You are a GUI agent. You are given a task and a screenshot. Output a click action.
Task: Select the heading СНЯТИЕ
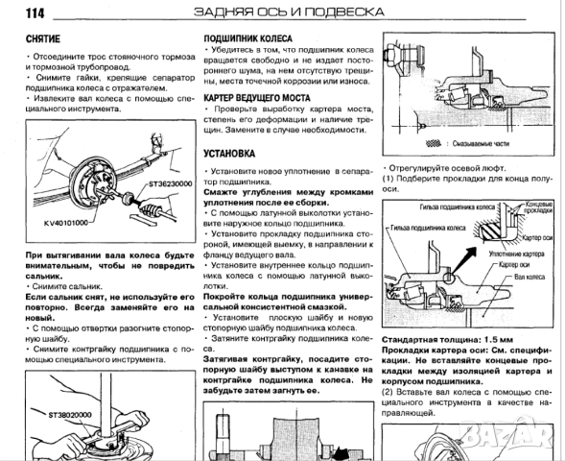pos(41,37)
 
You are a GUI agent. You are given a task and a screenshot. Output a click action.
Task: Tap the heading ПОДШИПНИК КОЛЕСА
pos(243,37)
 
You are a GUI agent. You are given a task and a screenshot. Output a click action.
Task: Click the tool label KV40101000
pos(64,222)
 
